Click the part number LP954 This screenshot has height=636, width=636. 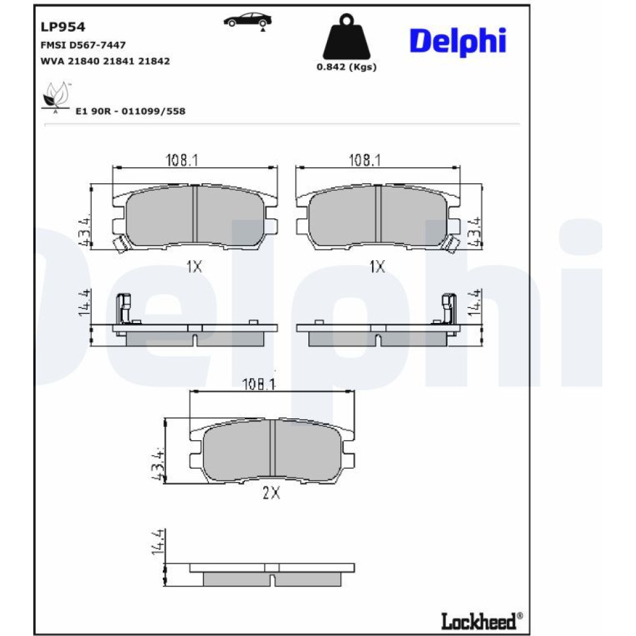click(63, 27)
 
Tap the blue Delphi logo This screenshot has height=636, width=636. click(458, 41)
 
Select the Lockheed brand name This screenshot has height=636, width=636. click(481, 621)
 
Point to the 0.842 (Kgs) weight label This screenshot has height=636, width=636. click(347, 67)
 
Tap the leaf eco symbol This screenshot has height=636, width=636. click(56, 97)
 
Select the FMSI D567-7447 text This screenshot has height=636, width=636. click(83, 45)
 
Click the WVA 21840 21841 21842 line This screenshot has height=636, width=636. click(105, 61)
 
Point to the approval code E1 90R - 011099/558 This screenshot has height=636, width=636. click(130, 111)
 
